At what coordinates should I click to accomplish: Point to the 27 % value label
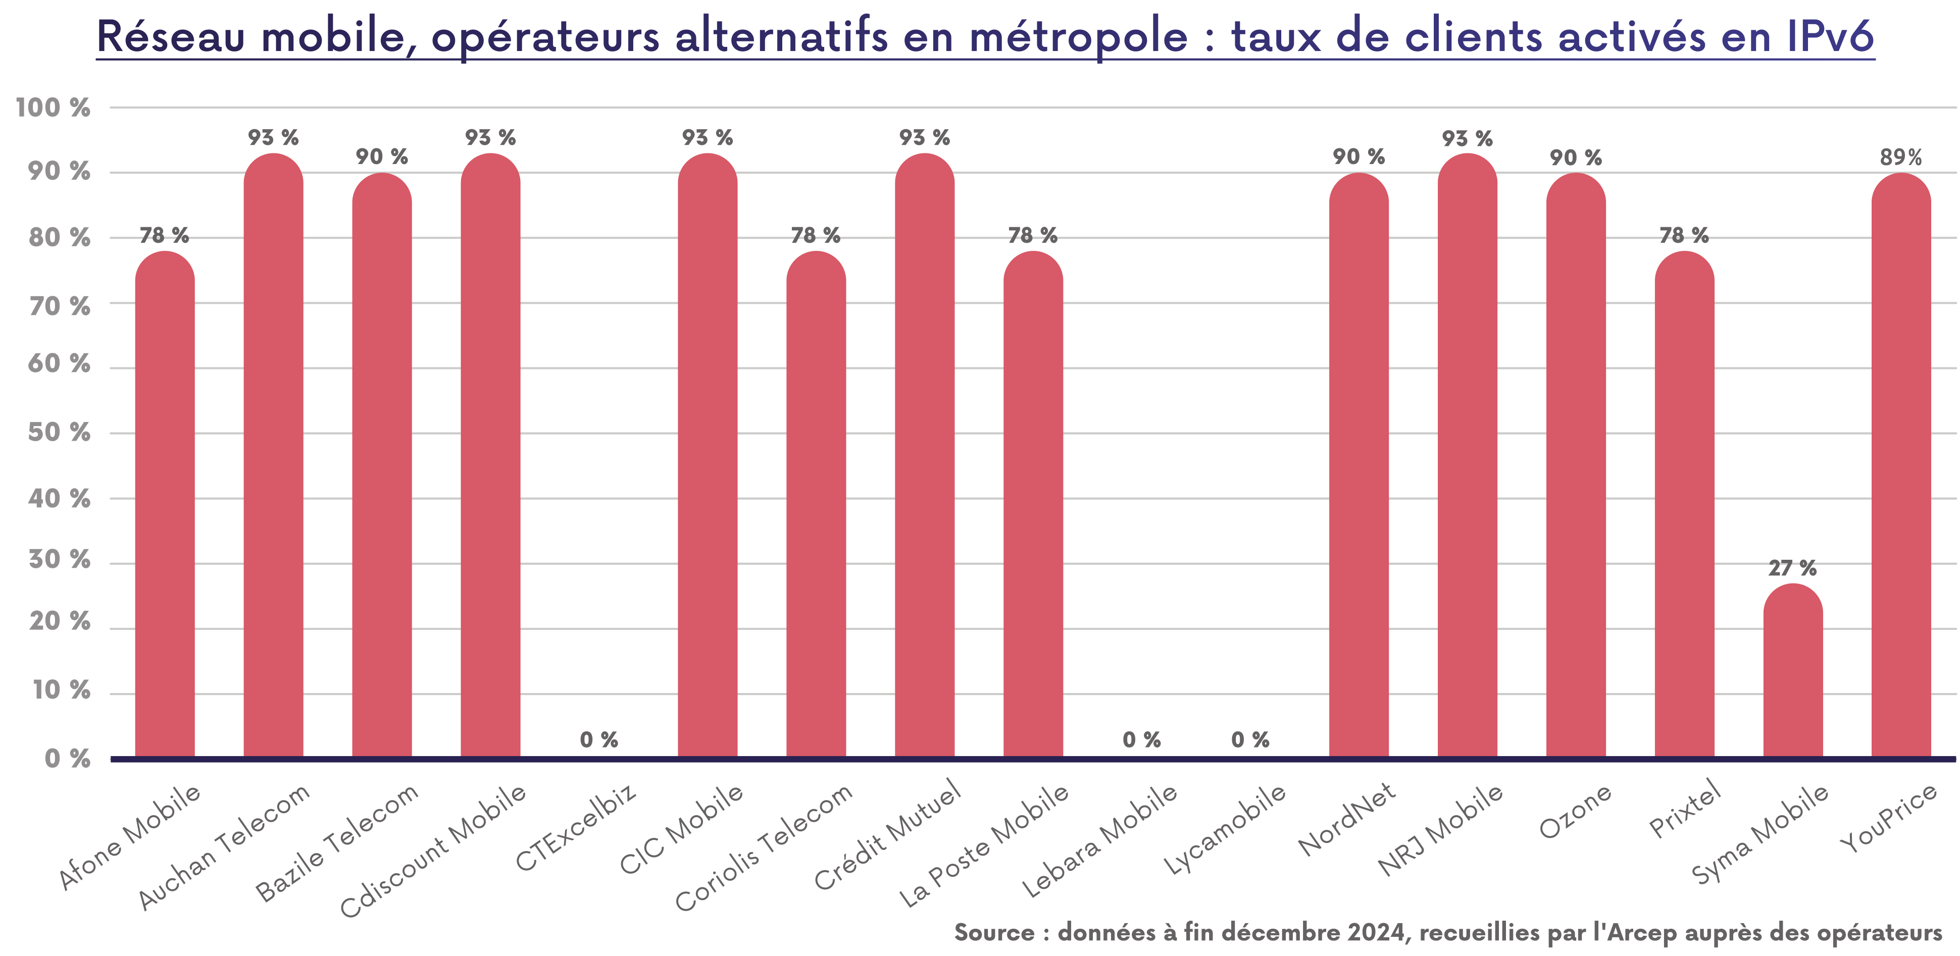(1793, 568)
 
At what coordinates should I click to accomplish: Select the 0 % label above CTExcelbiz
(599, 739)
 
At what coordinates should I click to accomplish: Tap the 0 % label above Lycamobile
(1250, 739)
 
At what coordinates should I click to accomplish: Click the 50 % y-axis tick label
(60, 433)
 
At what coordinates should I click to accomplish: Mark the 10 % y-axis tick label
(61, 691)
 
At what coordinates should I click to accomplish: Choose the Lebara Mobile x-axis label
(1099, 840)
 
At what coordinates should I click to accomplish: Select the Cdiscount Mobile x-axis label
(433, 851)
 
